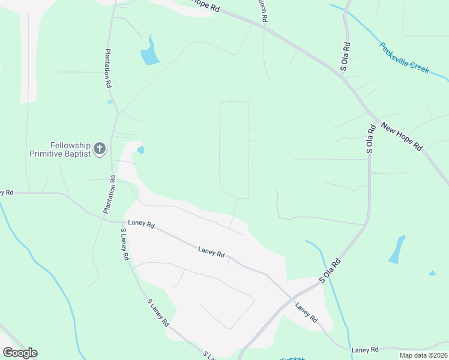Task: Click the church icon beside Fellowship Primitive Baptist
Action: pyautogui.click(x=100, y=148)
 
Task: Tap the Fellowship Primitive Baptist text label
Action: pyautogui.click(x=61, y=149)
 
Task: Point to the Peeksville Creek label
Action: pyautogui.click(x=405, y=58)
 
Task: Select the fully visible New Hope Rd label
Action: pyautogui.click(x=402, y=137)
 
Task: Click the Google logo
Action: pyautogui.click(x=20, y=352)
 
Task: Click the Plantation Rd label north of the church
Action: pyautogui.click(x=109, y=69)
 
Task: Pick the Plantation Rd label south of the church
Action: pyautogui.click(x=110, y=194)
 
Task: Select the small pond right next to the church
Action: pyautogui.click(x=140, y=150)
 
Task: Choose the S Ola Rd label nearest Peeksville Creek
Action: pyautogui.click(x=345, y=56)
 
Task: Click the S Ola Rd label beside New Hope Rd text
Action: pyautogui.click(x=370, y=137)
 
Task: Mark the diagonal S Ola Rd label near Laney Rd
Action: pyautogui.click(x=330, y=271)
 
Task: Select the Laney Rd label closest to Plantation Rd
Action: pyautogui.click(x=142, y=225)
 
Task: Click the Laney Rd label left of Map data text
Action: pyautogui.click(x=365, y=349)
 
